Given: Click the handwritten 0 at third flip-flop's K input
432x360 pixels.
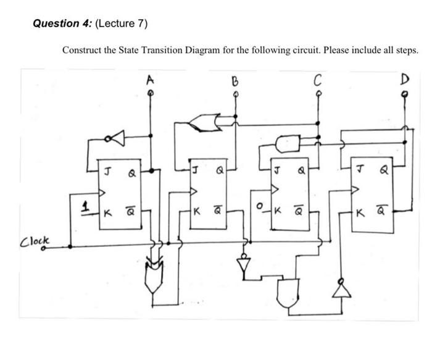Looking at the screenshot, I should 260,204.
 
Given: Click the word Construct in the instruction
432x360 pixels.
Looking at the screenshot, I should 82,50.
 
